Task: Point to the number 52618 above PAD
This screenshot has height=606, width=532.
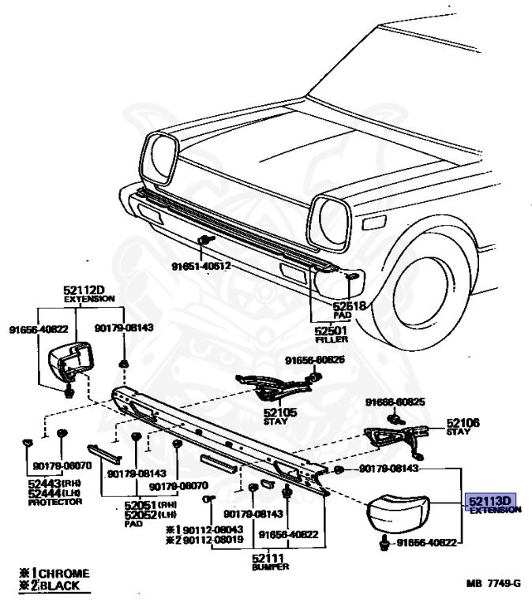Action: [349, 305]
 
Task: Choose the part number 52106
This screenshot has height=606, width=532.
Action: [463, 423]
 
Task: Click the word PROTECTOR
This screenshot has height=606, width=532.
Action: [55, 502]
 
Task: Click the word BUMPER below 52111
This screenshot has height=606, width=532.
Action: [271, 567]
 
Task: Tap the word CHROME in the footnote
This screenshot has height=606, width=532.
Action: [64, 573]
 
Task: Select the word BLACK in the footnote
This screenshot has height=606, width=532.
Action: [64, 585]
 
